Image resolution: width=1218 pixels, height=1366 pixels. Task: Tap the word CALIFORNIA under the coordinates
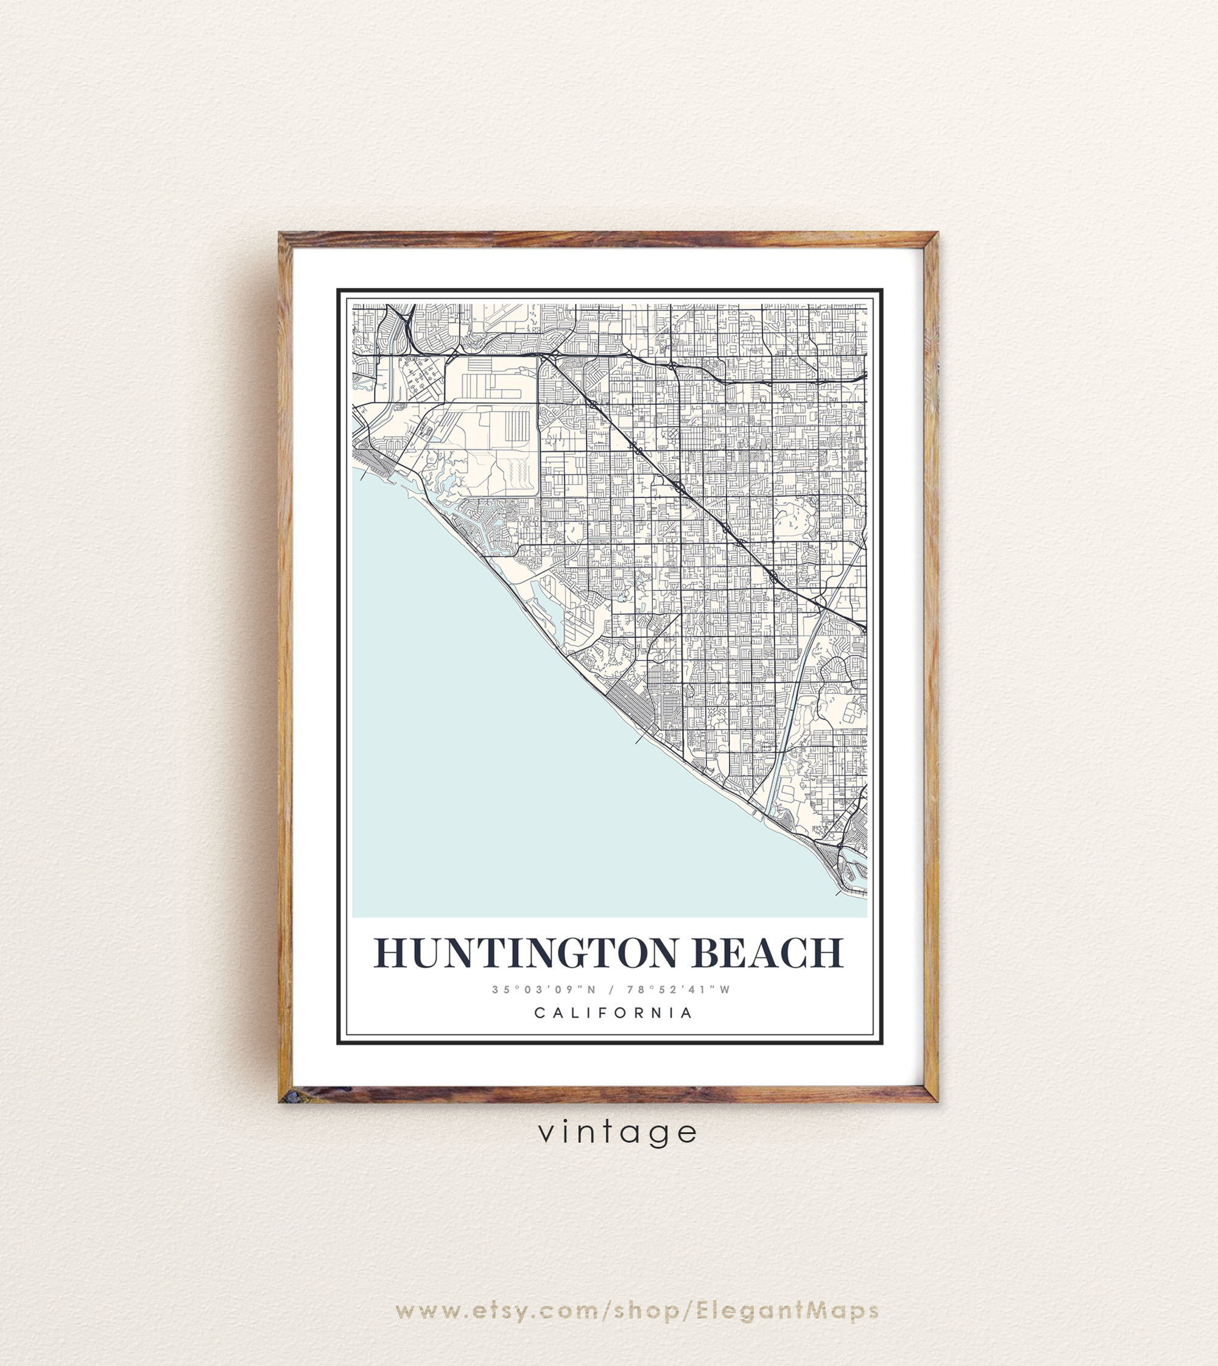[x=613, y=1013]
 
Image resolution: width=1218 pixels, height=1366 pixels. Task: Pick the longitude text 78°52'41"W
[x=678, y=989]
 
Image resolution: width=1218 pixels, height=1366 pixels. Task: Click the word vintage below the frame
[x=618, y=1132]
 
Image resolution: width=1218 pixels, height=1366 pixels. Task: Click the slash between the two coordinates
[x=611, y=989]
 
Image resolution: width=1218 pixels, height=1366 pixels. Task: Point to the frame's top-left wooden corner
[x=286, y=239]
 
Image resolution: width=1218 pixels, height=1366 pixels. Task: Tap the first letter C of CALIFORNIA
[x=539, y=1013]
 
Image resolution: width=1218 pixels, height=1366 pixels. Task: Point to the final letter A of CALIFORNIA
[x=686, y=1013]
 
